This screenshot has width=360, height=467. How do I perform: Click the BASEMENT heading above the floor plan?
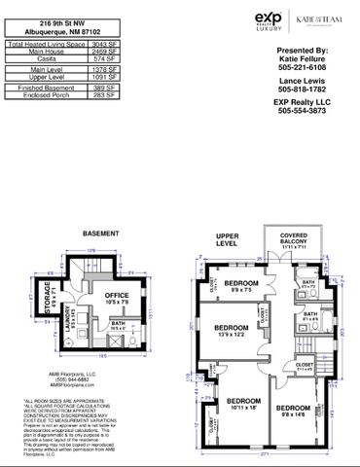100,234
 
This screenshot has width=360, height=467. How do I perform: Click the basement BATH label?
117,327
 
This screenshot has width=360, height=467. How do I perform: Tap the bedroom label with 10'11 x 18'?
244,404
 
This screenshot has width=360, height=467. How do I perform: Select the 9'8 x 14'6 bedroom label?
292,410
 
